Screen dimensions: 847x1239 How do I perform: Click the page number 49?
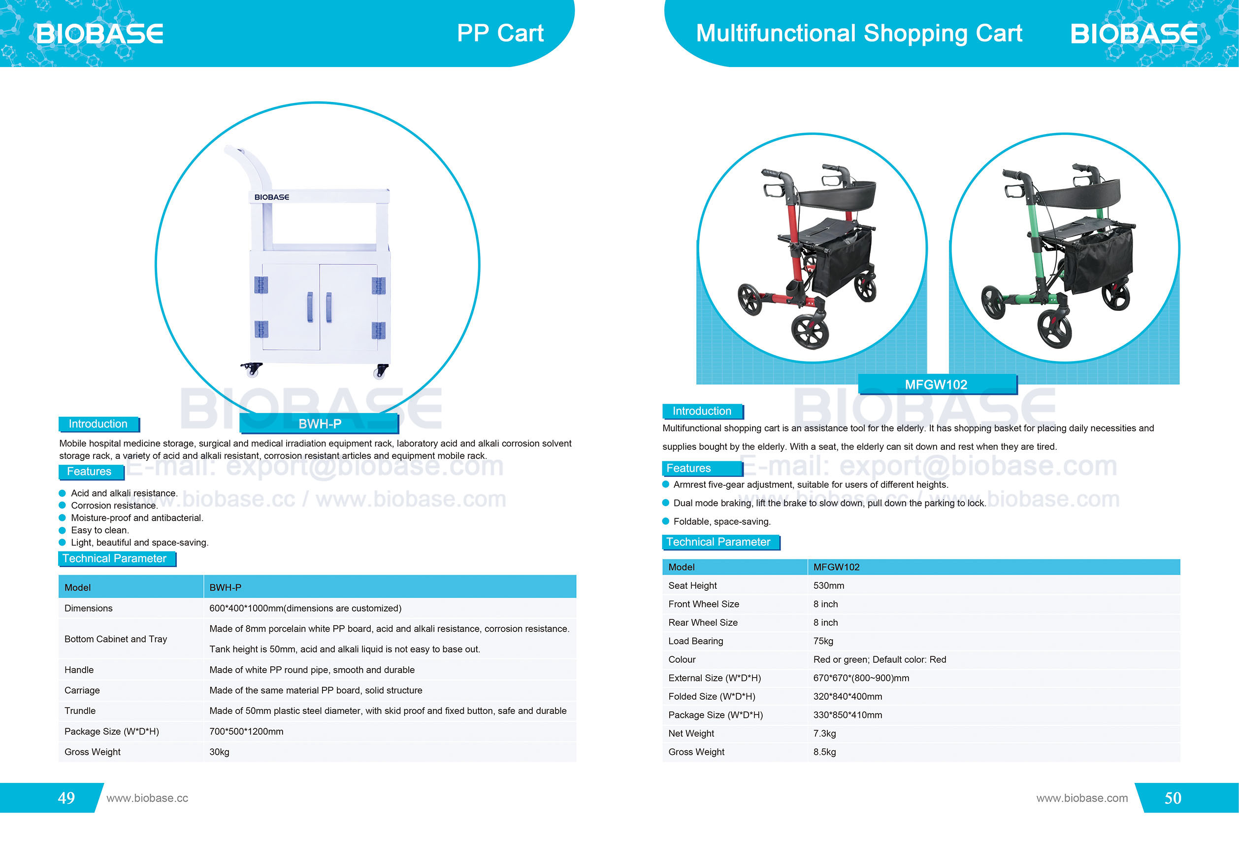[x=66, y=797]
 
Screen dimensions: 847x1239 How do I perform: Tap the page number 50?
[x=1173, y=797]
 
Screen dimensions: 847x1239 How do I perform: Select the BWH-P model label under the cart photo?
[x=319, y=424]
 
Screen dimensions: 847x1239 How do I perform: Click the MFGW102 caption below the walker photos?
[x=936, y=384]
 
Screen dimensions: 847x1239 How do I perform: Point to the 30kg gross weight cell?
[x=219, y=751]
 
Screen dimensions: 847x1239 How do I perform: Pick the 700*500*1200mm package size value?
[x=246, y=731]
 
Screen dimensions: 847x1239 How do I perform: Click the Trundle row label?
[x=80, y=711]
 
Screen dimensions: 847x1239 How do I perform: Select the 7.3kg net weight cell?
[x=824, y=733]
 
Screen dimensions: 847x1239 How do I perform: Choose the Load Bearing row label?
[x=695, y=641]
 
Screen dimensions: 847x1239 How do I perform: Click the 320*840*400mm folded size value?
[x=847, y=696]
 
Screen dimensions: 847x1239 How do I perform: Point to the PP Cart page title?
[x=500, y=33]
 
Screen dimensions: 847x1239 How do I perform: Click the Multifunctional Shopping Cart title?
[x=859, y=33]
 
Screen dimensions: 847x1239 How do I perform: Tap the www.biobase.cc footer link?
[x=147, y=798]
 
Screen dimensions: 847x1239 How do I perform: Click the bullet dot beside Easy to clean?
[x=63, y=530]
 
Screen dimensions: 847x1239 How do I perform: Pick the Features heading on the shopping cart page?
[x=688, y=468]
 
